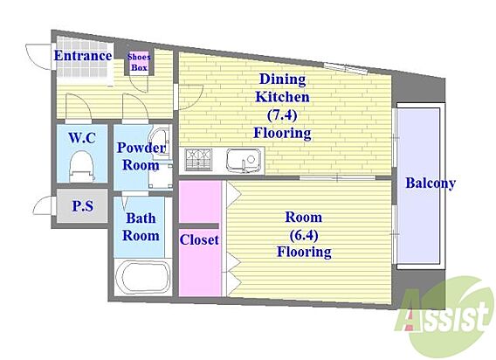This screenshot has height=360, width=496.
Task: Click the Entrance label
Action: pyautogui.click(x=83, y=56)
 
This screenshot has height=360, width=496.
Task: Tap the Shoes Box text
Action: pyautogui.click(x=139, y=62)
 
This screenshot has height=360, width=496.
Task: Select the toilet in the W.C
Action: pyautogui.click(x=82, y=166)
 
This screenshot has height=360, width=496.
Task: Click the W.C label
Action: pyautogui.click(x=82, y=138)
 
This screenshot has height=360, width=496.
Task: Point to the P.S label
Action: pyautogui.click(x=83, y=206)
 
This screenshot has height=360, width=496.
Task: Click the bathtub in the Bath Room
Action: pyautogui.click(x=143, y=278)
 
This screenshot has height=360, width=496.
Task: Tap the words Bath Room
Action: pyautogui.click(x=141, y=226)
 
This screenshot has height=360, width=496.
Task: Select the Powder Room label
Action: pyautogui.click(x=141, y=156)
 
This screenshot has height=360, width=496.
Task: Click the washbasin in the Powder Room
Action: pyautogui.click(x=160, y=142)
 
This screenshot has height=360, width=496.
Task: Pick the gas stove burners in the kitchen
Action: pyautogui.click(x=198, y=159)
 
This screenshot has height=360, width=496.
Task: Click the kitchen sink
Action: pyautogui.click(x=244, y=160)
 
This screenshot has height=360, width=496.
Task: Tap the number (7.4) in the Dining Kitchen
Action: pyautogui.click(x=282, y=115)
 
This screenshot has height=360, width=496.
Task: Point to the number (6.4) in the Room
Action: pyautogui.click(x=304, y=235)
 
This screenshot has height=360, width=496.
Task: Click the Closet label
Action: pyautogui.click(x=199, y=239)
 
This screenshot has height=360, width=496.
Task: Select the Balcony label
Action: pyautogui.click(x=431, y=183)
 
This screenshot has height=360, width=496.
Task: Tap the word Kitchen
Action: pyautogui.click(x=282, y=97)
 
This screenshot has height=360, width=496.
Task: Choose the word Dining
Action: pyautogui.click(x=282, y=80)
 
